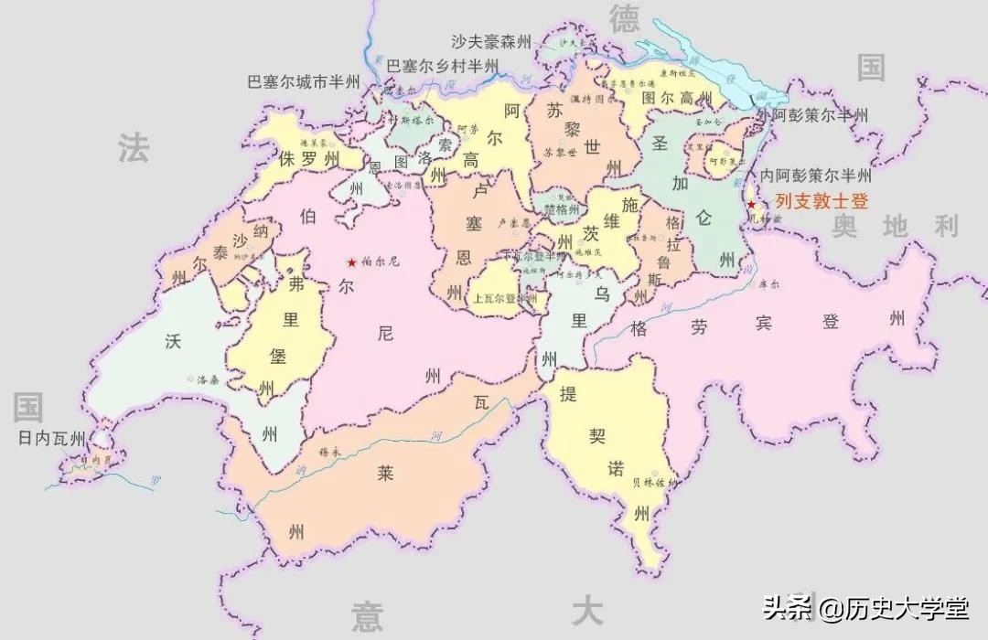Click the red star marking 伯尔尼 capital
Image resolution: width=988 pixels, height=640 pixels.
(350, 261)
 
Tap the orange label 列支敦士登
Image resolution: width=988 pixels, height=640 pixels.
(822, 202)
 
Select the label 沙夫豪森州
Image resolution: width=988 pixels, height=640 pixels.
(491, 42)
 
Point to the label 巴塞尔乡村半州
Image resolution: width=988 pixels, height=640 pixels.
(443, 66)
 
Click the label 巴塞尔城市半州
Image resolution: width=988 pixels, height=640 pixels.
(306, 82)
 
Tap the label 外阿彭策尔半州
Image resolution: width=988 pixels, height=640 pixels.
(812, 115)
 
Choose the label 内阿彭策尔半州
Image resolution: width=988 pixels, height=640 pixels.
(811, 176)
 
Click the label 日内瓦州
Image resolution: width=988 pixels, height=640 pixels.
(52, 438)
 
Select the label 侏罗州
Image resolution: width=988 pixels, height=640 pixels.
(309, 159)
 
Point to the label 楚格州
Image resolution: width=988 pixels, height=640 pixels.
(562, 209)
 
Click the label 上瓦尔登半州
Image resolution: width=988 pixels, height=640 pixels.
(504, 298)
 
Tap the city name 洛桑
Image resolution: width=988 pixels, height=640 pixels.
(208, 379)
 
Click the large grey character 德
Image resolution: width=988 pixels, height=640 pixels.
(624, 18)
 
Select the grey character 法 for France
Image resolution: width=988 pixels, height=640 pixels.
(133, 148)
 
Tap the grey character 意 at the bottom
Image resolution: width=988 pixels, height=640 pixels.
(367, 617)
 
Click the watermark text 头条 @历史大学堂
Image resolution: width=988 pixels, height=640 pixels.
(866, 607)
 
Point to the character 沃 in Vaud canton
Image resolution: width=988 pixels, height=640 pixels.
(173, 341)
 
